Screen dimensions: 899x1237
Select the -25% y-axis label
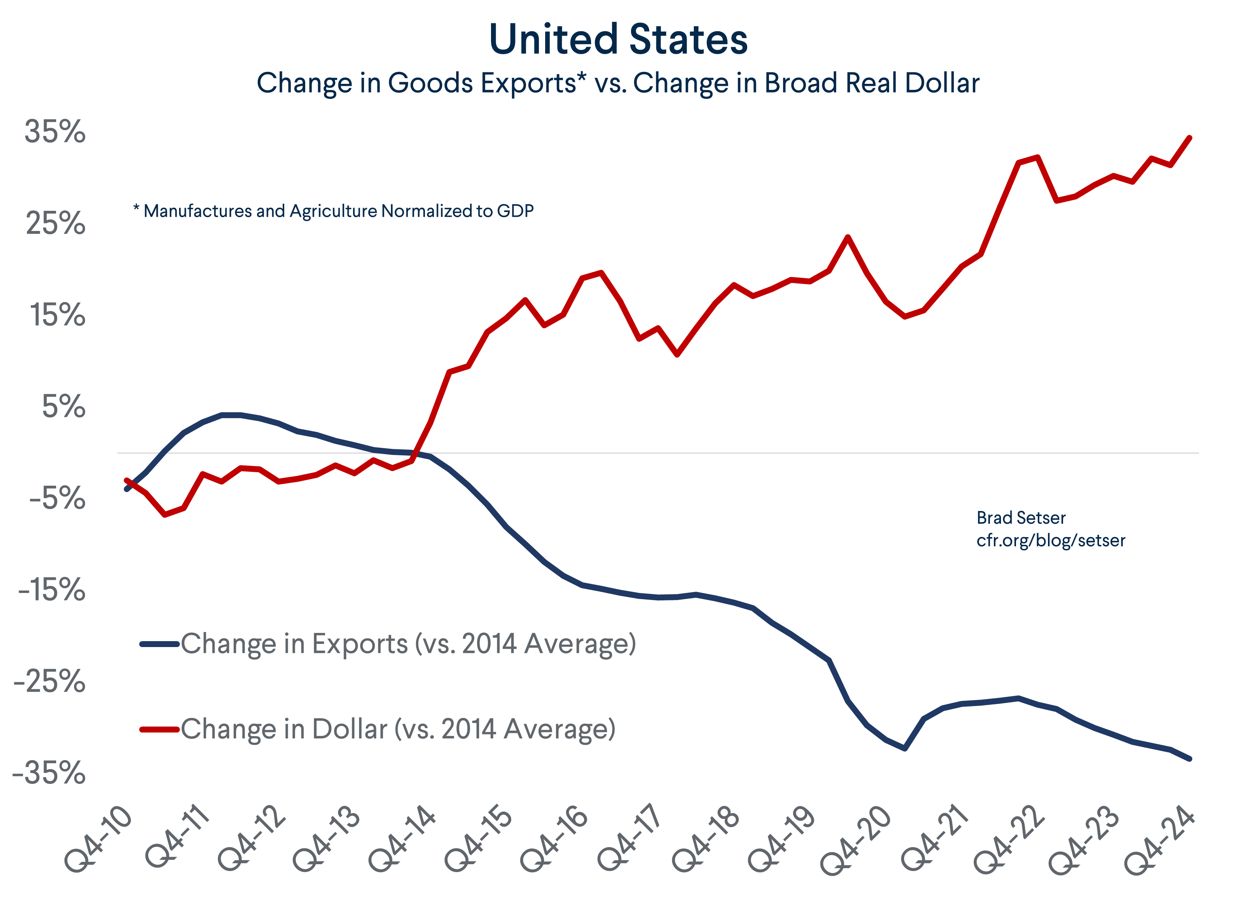coord(50,681)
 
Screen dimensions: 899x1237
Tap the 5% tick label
coord(63,407)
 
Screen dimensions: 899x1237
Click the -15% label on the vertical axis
coord(52,590)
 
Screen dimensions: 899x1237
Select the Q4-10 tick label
coord(99,838)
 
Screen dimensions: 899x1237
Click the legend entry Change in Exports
coord(408,644)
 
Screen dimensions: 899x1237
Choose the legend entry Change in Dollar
coord(398,729)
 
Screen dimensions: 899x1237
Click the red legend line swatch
coord(159,729)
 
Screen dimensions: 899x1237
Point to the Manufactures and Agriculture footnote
coord(334,211)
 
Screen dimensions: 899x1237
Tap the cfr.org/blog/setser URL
coord(1050,541)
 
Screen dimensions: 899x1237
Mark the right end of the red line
coord(1189,138)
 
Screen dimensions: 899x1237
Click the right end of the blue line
coord(1189,758)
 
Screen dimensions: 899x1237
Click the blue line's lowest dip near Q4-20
coord(905,748)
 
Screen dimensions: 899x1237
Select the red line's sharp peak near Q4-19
coord(848,237)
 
